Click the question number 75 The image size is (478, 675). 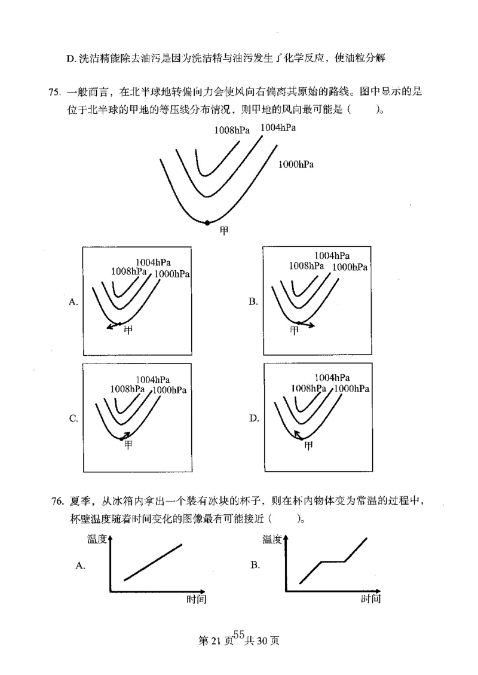pyautogui.click(x=54, y=93)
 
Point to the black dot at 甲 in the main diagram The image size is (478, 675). pyautogui.click(x=207, y=222)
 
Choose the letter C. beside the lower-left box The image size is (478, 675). pyautogui.click(x=73, y=419)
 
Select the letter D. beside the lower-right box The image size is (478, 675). pyautogui.click(x=254, y=419)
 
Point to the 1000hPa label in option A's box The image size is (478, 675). pyautogui.click(x=172, y=274)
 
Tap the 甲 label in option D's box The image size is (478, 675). pyautogui.click(x=308, y=445)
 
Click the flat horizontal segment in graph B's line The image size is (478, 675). pyautogui.click(x=333, y=561)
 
